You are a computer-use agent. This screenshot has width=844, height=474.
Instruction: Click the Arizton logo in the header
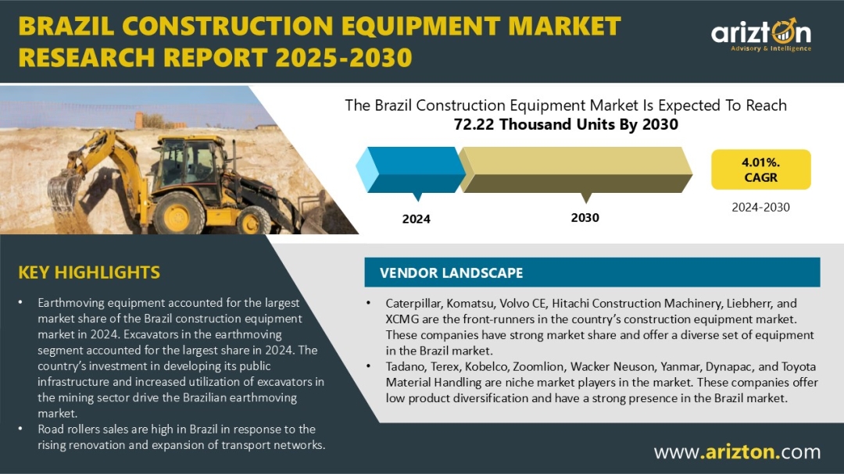[x=761, y=35]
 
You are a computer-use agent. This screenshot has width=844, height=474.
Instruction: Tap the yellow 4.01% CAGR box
[x=760, y=169]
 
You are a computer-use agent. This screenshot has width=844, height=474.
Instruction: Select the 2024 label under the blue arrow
[x=416, y=219]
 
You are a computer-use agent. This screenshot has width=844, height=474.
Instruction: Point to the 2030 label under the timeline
[x=585, y=218]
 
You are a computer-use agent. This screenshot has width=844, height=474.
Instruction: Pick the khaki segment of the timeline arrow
[x=575, y=170]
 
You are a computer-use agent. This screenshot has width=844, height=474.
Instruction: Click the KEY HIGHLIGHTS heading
[x=89, y=273]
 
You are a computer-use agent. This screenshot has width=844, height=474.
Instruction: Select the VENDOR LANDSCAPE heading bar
[x=592, y=273]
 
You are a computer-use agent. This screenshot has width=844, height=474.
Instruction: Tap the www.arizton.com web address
[x=738, y=452]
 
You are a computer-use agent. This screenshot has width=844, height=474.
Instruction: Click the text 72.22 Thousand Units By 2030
[x=566, y=124]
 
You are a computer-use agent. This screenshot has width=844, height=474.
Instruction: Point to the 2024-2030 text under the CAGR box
[x=760, y=207]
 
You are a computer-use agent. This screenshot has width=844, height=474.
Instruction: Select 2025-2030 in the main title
[x=344, y=58]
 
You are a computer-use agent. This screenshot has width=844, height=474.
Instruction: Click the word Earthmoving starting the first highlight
[x=70, y=303]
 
